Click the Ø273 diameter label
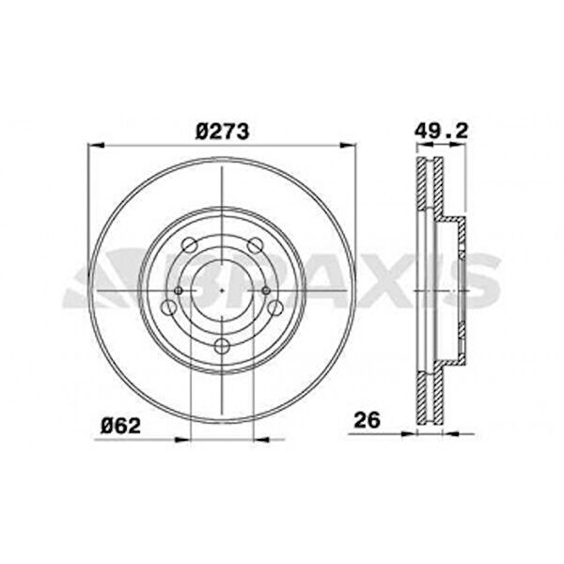[x=222, y=132]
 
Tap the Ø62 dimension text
[x=120, y=426]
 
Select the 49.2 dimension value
[x=441, y=131]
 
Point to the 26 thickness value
[x=367, y=420]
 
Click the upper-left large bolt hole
[x=190, y=245]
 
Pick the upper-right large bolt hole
[x=255, y=245]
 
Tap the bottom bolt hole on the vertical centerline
[x=222, y=346]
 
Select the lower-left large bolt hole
[x=168, y=307]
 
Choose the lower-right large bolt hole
[x=275, y=307]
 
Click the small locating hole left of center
[x=179, y=290]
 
